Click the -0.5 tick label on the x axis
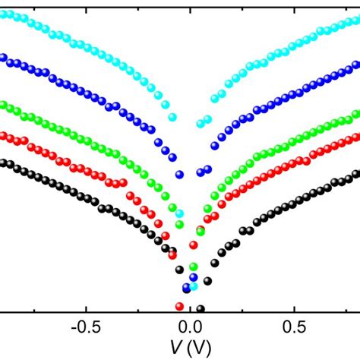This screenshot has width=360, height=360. [84, 326]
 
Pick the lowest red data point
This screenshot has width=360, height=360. [179, 306]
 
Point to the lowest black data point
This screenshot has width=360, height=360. [201, 308]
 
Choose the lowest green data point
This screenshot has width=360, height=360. [194, 267]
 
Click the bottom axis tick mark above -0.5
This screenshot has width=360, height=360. [84, 307]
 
